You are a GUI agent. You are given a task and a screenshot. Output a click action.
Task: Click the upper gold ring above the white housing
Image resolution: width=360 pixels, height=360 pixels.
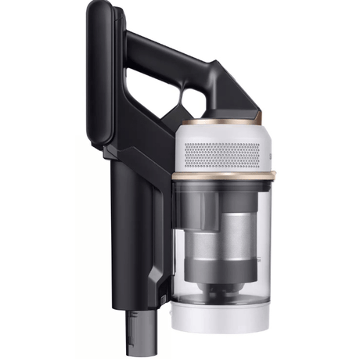pos(227,124)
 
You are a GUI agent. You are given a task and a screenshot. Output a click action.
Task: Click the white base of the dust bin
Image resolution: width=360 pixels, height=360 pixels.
pos(227,316)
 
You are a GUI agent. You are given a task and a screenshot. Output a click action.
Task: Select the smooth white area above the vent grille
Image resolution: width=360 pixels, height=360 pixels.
pos(227,135)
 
